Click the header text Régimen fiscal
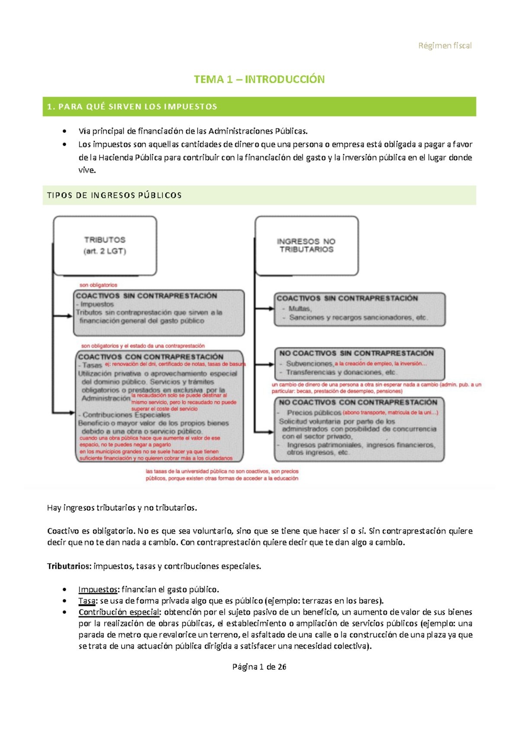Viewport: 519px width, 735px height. pyautogui.click(x=445, y=45)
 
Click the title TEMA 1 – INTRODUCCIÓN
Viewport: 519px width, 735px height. pyautogui.click(x=259, y=79)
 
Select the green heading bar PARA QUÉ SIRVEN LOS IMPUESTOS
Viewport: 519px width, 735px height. pyautogui.click(x=259, y=106)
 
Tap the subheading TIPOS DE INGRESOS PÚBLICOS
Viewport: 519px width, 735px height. pyautogui.click(x=115, y=195)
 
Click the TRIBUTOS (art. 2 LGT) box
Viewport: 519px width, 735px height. pyautogui.click(x=105, y=245)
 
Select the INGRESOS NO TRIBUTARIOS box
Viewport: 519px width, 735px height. pyautogui.click(x=306, y=245)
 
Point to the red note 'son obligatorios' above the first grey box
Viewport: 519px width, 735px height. pyautogui.click(x=98, y=285)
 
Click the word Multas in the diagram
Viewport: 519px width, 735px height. pyautogui.click(x=300, y=309)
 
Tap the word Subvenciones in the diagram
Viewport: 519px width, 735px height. pyautogui.click(x=309, y=364)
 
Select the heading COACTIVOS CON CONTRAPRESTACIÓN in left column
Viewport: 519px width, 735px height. pyautogui.click(x=151, y=357)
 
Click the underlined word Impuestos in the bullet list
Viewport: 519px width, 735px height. pyautogui.click(x=98, y=589)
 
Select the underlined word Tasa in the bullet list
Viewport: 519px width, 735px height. pyautogui.click(x=86, y=601)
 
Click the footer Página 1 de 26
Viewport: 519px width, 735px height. pyautogui.click(x=259, y=667)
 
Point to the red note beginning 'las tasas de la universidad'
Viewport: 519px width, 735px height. pyautogui.click(x=222, y=475)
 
